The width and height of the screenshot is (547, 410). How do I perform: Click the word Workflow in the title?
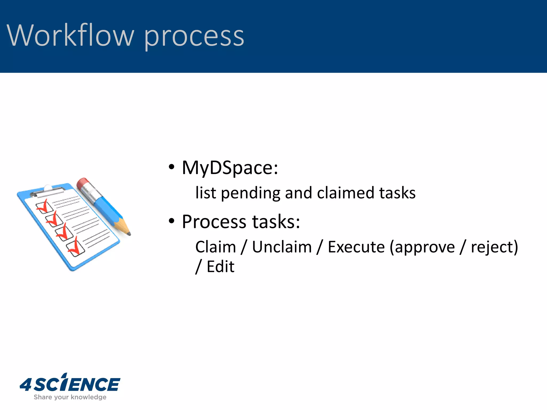[70, 35]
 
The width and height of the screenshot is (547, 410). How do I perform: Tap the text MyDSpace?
[230, 168]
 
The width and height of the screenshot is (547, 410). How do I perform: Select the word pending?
[251, 193]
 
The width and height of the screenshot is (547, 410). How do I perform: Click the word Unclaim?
[282, 247]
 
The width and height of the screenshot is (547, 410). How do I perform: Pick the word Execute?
[356, 247]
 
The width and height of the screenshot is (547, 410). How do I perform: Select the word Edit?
[220, 267]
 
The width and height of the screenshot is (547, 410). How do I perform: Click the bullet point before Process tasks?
[171, 221]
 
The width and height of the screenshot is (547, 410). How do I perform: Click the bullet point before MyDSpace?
[171, 167]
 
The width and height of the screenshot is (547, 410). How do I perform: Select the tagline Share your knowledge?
[70, 397]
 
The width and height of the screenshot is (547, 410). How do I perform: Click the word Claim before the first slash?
[216, 247]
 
